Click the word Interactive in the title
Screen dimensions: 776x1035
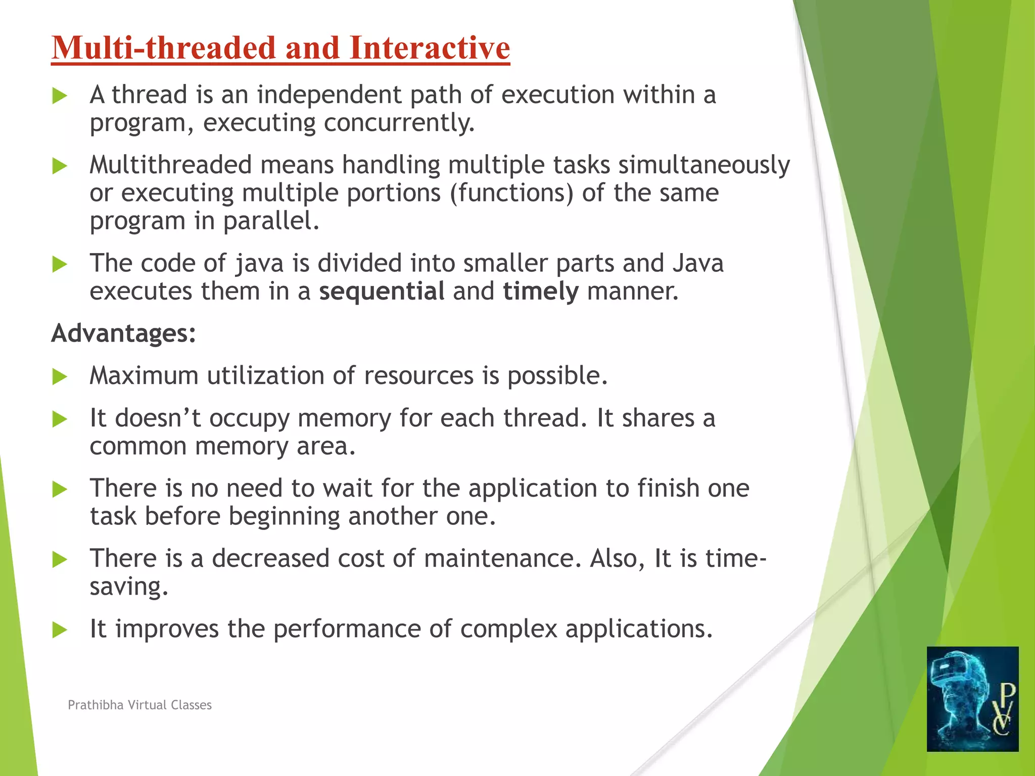point(429,48)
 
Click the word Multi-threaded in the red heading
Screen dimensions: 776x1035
point(165,48)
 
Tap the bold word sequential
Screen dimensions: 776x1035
point(382,292)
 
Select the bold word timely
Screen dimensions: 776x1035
point(540,292)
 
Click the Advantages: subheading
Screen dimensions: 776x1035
point(123,333)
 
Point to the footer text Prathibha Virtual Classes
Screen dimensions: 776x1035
point(139,705)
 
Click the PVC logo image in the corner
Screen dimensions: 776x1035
point(972,699)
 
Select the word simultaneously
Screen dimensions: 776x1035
point(703,165)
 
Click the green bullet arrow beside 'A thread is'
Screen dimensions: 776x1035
point(60,96)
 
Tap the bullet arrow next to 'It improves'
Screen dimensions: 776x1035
point(60,629)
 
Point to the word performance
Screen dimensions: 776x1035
point(347,629)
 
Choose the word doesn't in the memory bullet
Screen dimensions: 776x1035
point(158,418)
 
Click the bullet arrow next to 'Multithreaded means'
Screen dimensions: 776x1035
point(60,166)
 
